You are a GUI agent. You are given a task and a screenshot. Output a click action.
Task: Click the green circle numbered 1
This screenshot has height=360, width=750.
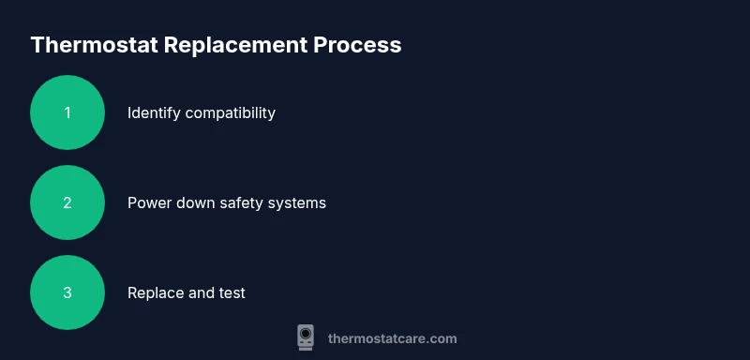[x=67, y=112]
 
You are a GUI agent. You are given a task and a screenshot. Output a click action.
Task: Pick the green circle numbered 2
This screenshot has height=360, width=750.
[x=67, y=202]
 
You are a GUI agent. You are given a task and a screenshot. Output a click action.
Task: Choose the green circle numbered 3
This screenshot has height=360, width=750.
[x=67, y=292]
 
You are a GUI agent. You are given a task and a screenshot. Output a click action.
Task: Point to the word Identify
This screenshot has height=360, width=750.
[x=154, y=113]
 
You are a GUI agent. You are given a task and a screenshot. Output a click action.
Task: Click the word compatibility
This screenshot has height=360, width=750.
[x=231, y=113]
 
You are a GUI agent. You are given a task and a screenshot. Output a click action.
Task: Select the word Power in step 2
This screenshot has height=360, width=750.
[x=148, y=202]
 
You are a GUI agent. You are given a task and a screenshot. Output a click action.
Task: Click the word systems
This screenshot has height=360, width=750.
[x=299, y=202]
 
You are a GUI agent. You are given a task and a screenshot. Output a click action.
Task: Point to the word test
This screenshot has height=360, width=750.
[x=232, y=292]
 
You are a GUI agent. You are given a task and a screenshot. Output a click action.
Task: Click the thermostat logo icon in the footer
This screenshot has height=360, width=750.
[x=306, y=337]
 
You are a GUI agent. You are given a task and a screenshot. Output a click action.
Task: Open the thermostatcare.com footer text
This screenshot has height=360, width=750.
[x=392, y=338]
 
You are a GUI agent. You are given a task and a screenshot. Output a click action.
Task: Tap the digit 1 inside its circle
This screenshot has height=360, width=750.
[x=67, y=112]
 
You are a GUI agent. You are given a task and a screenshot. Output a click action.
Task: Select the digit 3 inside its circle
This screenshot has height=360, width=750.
[x=67, y=292]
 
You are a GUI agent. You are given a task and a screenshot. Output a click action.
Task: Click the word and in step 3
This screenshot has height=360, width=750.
[x=202, y=292]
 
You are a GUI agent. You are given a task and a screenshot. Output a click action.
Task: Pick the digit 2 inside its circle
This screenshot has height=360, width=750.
[x=67, y=202]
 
